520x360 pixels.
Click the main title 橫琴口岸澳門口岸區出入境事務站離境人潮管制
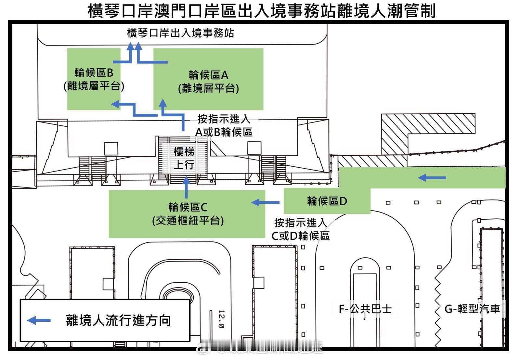pos(262,11)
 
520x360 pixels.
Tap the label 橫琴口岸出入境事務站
pos(180,33)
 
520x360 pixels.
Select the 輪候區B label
pos(94,72)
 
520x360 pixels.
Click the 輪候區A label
pos(209,75)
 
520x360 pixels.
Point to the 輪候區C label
pos(188,207)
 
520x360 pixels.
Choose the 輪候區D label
pos(327,201)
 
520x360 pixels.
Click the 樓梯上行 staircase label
pos(184,158)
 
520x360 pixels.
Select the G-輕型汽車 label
pos(472,309)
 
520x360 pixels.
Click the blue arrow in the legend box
pos(39,320)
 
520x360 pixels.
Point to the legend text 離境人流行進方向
pos(118,320)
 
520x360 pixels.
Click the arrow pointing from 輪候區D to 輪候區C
pos(266,202)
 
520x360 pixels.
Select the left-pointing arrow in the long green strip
pos(432,178)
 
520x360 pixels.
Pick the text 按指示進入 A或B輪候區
pos(224,125)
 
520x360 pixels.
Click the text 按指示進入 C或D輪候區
pos(300,229)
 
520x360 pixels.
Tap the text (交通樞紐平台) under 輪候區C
pos(188,221)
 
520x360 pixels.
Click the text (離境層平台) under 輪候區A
pos(209,88)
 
